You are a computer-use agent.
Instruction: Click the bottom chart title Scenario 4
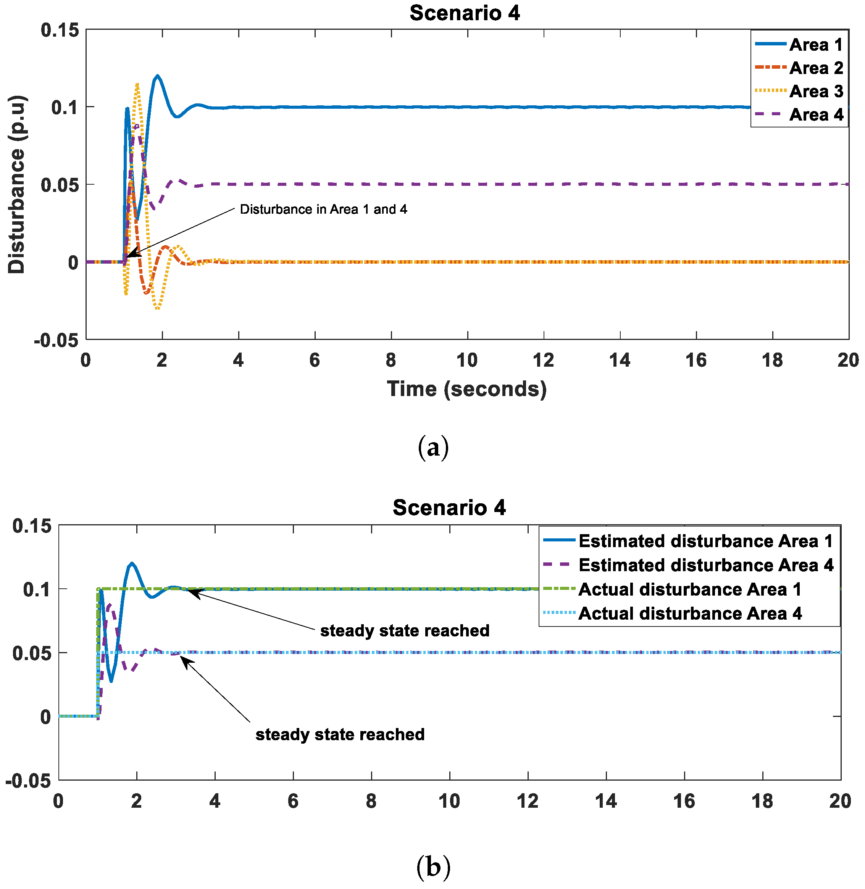449,507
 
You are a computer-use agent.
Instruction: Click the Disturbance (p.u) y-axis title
17,184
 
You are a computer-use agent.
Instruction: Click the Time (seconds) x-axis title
466,389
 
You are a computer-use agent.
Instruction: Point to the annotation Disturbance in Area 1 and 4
323,209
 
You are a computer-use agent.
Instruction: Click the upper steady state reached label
405,631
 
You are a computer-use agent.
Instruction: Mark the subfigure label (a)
433,447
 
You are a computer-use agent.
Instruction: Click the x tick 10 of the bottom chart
449,801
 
